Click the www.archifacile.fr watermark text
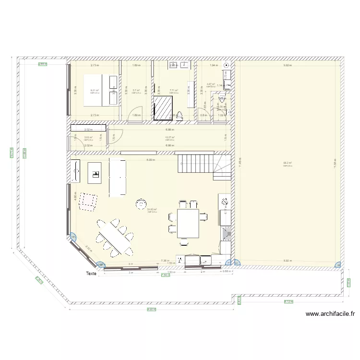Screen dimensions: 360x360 point(331,314)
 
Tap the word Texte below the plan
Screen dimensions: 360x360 point(91,274)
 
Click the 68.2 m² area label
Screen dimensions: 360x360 point(287,163)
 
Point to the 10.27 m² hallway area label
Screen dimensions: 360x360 point(169,137)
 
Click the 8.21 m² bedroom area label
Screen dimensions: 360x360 point(95,90)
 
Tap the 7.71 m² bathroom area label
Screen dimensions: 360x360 point(174,90)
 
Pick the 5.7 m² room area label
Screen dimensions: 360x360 point(136,90)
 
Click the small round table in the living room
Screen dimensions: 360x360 point(141,203)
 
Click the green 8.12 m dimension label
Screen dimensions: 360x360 point(288,301)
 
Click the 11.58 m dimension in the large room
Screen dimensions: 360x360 point(335,164)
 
